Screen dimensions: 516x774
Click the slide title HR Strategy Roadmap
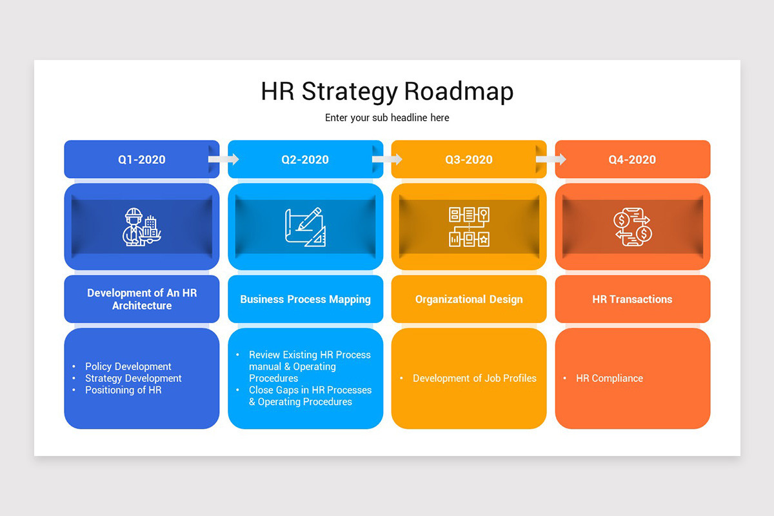pos(387,92)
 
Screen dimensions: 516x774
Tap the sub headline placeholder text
pos(387,118)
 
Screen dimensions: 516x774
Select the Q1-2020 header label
pos(141,160)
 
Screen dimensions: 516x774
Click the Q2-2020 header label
pos(305,160)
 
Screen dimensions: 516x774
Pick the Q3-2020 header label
pos(469,160)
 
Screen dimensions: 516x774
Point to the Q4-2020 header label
pos(632,160)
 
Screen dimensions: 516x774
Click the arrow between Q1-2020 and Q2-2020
pos(224,159)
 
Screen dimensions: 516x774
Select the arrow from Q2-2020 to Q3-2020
pos(388,159)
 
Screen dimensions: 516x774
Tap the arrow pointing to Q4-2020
pos(551,159)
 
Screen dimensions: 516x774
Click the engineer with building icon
pos(141,226)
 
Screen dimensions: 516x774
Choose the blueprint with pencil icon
pos(305,226)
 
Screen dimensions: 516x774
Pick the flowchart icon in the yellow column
pos(469,226)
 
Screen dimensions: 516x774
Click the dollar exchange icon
pos(632,226)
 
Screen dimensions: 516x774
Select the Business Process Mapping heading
pos(305,299)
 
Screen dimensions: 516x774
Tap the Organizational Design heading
pos(469,299)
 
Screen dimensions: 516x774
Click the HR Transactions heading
pos(632,299)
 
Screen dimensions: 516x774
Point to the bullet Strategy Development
pos(134,379)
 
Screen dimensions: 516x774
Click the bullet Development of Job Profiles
pos(475,379)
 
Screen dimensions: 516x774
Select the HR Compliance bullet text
pos(610,379)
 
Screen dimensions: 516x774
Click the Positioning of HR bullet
pos(123,390)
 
